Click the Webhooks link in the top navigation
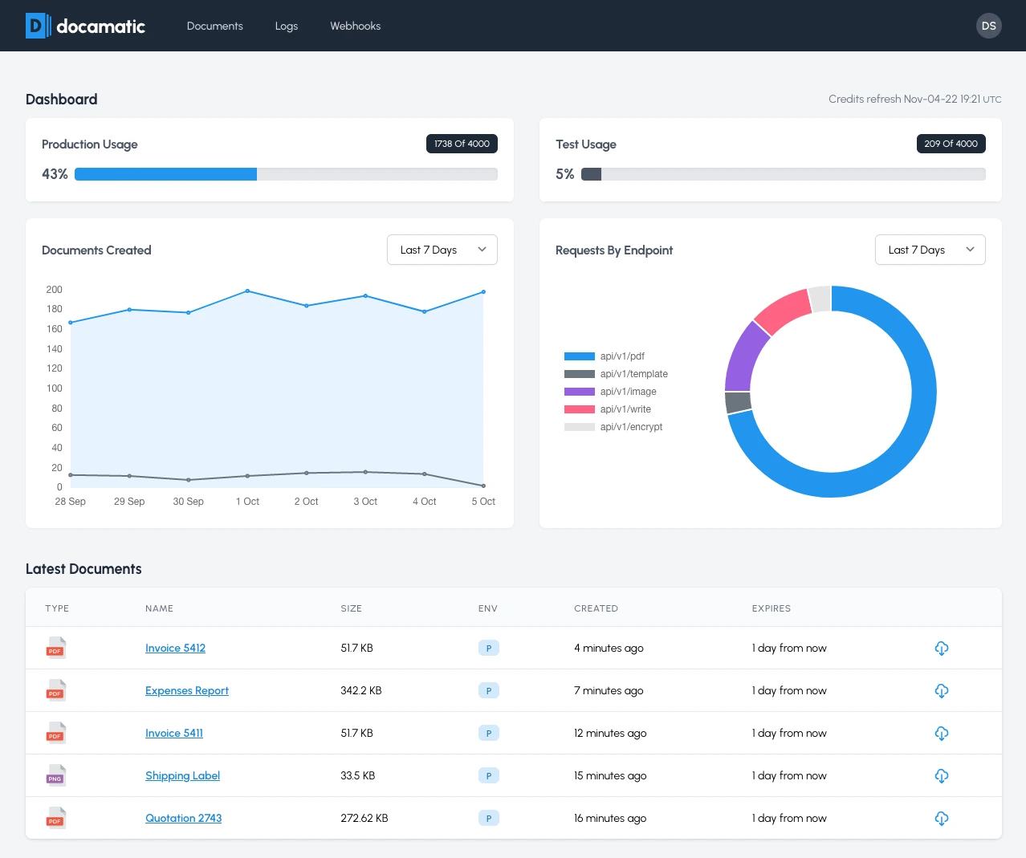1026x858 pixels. [x=355, y=26]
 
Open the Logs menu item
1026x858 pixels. [x=286, y=26]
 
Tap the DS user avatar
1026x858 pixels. [x=988, y=26]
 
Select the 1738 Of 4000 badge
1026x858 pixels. [x=462, y=144]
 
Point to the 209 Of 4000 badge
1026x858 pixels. [x=951, y=144]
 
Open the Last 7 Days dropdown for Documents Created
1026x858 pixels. [x=442, y=250]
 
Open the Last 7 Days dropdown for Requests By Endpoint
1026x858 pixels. [x=930, y=250]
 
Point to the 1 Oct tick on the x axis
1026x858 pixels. [x=247, y=502]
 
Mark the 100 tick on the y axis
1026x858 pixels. [x=54, y=388]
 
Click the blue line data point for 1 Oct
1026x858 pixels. [x=247, y=291]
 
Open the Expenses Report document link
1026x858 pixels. [x=187, y=690]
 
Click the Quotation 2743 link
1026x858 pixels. [x=183, y=818]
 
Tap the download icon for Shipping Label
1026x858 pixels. [x=942, y=775]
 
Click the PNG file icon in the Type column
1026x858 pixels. [x=55, y=775]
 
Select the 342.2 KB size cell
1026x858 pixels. [x=361, y=690]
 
